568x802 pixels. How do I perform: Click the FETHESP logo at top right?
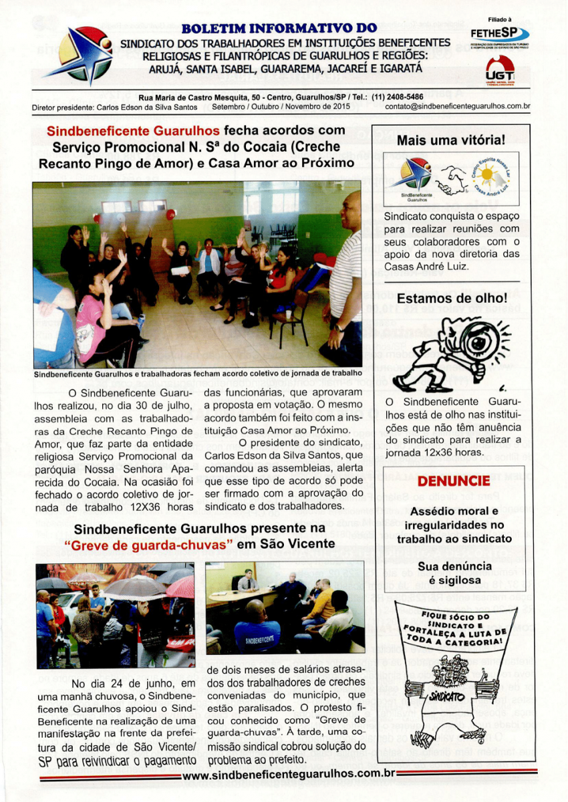tap(499, 33)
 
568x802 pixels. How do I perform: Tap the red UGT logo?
tap(500, 70)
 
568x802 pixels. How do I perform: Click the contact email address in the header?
tap(458, 106)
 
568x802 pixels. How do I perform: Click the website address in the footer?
tap(288, 775)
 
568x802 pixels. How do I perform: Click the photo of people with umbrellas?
tap(116, 615)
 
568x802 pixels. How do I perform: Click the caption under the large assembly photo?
tap(198, 372)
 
